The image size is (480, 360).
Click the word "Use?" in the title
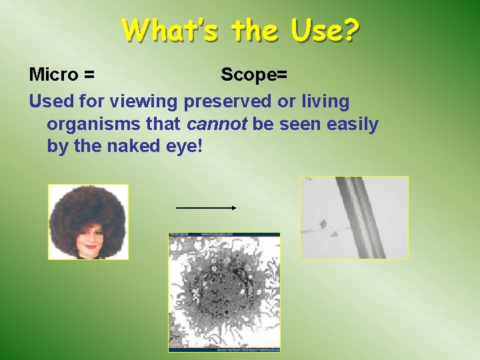(327, 30)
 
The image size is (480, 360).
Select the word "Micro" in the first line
(53, 75)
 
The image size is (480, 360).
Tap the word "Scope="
(254, 75)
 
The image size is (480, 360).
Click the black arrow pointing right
(206, 208)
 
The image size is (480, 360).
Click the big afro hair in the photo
(88, 207)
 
